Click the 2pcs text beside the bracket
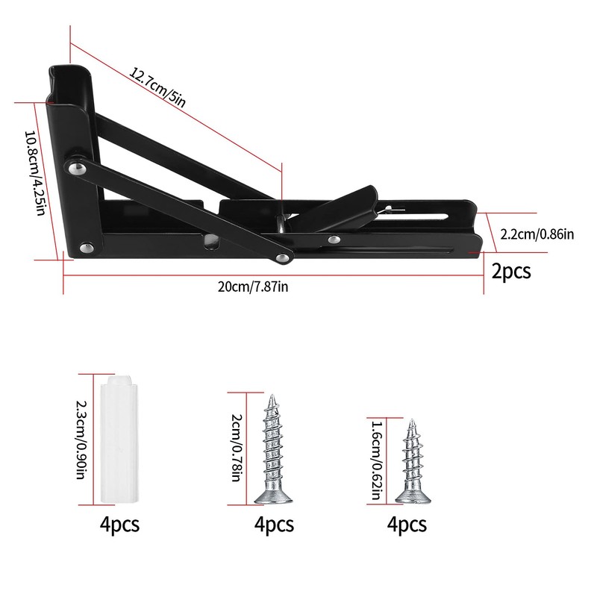(511, 270)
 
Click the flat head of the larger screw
(273, 496)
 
